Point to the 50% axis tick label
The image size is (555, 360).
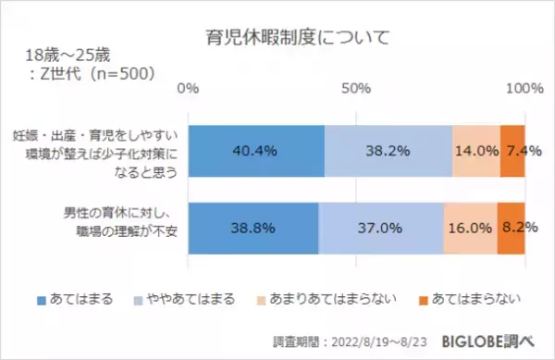coord(356,89)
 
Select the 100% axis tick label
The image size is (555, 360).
coord(524,89)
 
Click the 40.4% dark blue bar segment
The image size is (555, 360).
coord(256,150)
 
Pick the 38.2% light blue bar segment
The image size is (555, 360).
coord(388,150)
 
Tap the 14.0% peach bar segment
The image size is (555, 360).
coord(476,150)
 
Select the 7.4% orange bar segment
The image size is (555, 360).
coord(512,150)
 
